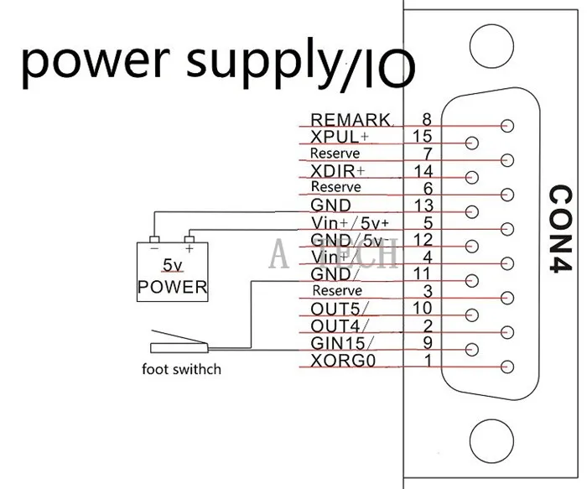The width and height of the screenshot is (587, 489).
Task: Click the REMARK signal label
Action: (x=351, y=120)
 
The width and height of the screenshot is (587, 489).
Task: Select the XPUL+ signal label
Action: (x=339, y=137)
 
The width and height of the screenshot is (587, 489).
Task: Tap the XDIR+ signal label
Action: (x=337, y=171)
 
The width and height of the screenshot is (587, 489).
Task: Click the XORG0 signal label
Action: (x=343, y=360)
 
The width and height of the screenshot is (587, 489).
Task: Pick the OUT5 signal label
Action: (x=339, y=309)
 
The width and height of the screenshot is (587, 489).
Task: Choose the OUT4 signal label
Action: (x=339, y=325)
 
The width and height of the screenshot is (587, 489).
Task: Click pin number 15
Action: (x=423, y=136)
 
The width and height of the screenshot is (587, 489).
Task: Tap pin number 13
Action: (x=423, y=205)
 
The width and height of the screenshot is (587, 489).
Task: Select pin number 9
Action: (x=427, y=342)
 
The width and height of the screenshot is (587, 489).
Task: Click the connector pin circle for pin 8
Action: (x=506, y=126)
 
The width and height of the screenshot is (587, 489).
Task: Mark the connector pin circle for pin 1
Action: (x=506, y=367)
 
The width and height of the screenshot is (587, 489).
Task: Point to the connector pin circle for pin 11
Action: (x=471, y=280)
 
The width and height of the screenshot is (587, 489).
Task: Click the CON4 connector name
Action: (x=561, y=228)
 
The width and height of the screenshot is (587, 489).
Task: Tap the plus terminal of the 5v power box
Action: (x=190, y=240)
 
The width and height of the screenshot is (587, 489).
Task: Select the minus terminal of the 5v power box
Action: (x=154, y=240)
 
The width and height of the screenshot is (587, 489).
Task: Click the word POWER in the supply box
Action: (x=172, y=287)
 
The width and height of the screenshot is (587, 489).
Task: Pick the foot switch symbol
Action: (x=179, y=342)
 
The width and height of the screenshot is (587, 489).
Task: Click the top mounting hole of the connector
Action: (x=491, y=46)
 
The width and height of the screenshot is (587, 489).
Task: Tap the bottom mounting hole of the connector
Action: (x=491, y=441)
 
